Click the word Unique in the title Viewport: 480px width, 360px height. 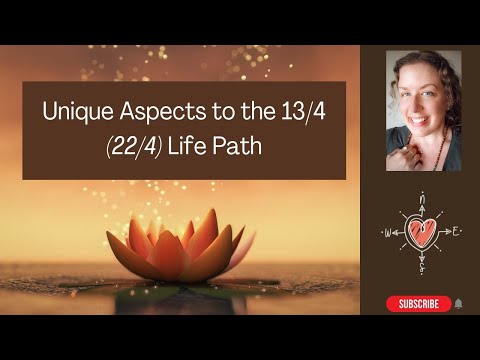pyautogui.click(x=72, y=114)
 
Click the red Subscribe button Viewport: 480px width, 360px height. pyautogui.click(x=418, y=304)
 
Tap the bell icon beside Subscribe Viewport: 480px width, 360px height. pyautogui.click(x=458, y=304)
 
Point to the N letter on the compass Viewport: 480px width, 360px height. pyautogui.click(x=422, y=196)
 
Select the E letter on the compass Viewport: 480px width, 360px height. pyautogui.click(x=455, y=231)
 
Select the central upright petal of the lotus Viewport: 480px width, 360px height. pyautogui.click(x=181, y=229)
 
